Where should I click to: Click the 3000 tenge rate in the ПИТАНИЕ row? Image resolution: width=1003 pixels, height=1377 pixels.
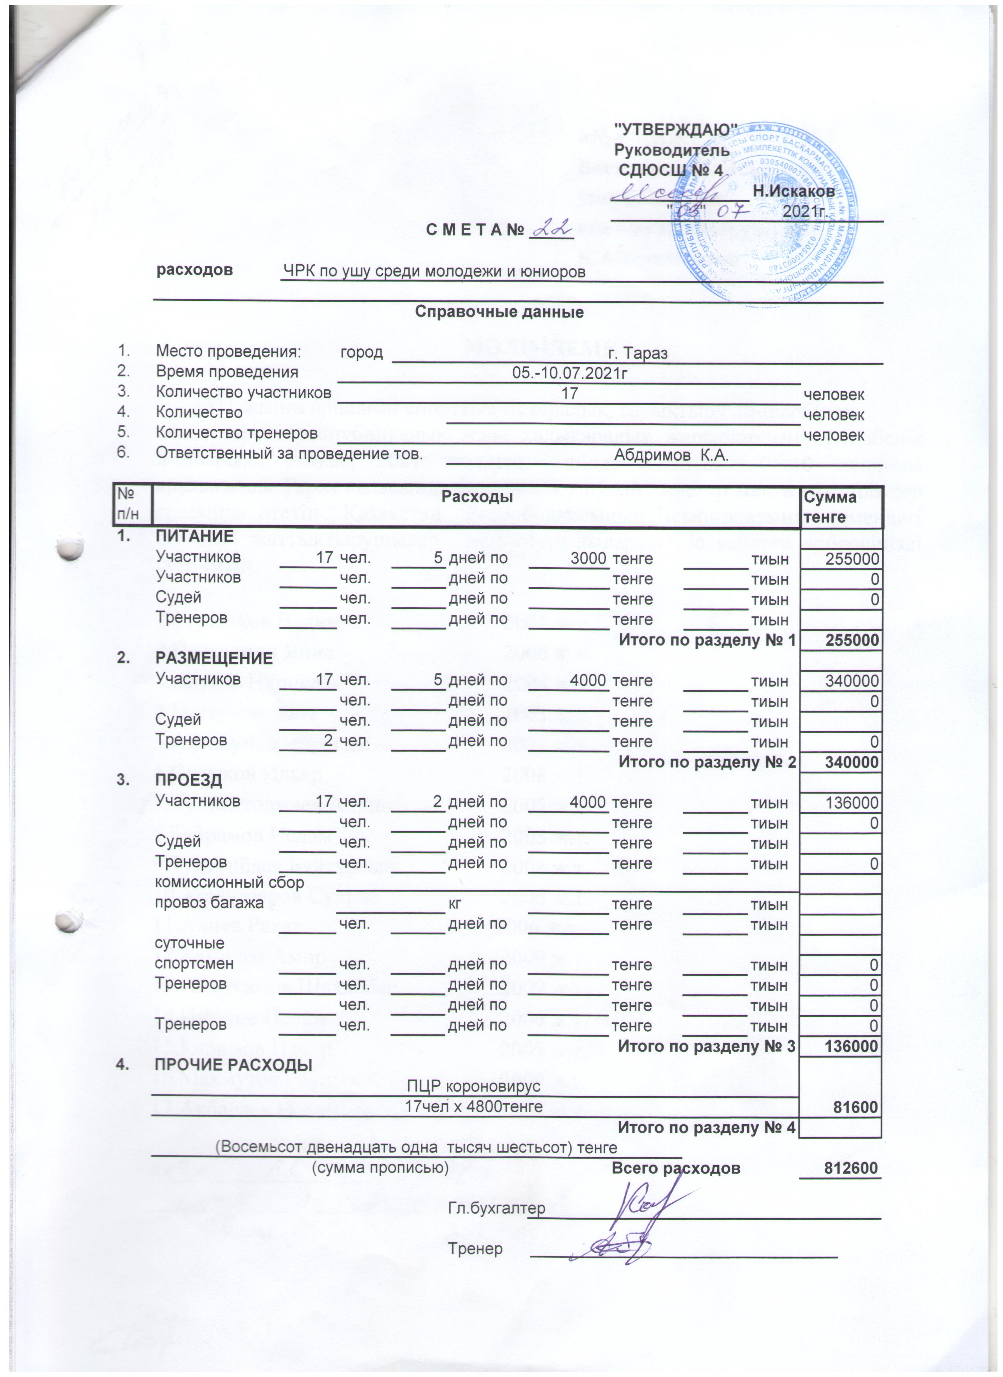pyautogui.click(x=589, y=558)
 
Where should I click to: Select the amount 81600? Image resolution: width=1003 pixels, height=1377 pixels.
pyautogui.click(x=856, y=1107)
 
